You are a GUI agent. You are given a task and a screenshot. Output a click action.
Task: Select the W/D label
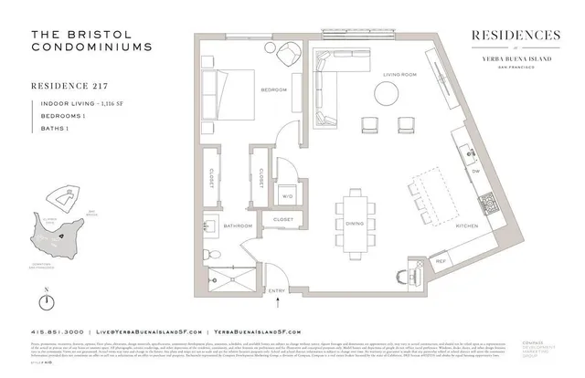(286, 195)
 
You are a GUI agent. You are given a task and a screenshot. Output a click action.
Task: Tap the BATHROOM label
(238, 225)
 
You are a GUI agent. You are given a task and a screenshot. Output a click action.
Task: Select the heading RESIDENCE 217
(71, 89)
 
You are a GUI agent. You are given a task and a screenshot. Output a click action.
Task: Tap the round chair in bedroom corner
(271, 50)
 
